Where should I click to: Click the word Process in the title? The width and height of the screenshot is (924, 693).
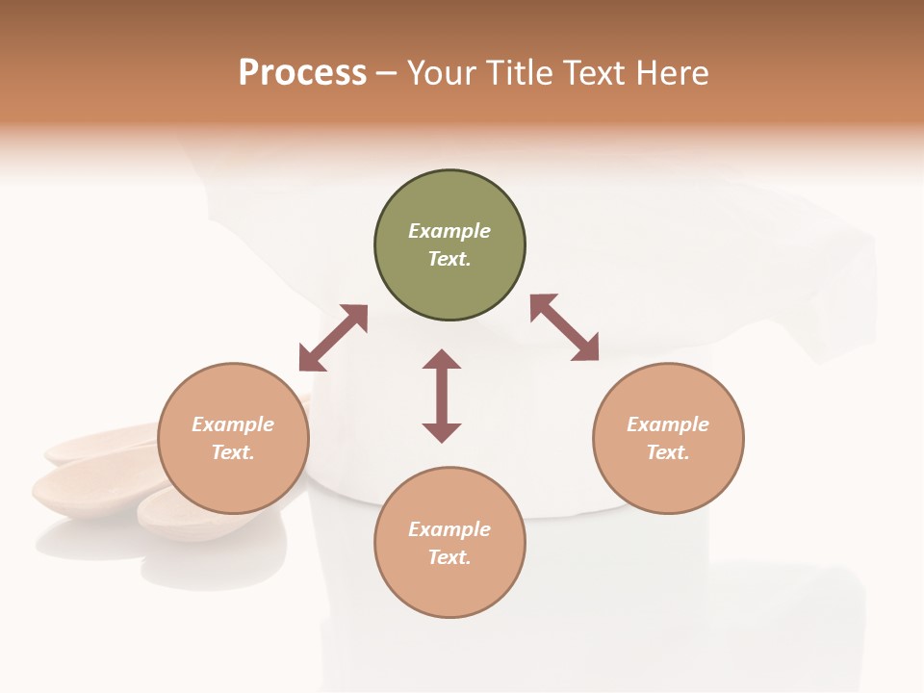click(302, 73)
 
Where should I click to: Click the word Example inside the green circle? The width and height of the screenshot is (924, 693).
click(449, 231)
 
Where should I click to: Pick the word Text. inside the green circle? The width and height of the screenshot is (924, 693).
click(449, 259)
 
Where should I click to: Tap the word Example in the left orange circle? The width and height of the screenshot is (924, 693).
click(233, 424)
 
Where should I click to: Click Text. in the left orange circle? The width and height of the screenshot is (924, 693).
click(233, 452)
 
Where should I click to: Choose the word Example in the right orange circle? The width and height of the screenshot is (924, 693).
click(668, 424)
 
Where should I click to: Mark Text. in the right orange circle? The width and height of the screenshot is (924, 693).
click(668, 452)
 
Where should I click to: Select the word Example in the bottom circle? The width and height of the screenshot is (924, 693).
click(449, 529)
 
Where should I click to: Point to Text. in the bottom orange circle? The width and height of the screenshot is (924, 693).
click(449, 557)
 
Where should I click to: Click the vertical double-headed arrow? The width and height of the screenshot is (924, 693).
click(442, 396)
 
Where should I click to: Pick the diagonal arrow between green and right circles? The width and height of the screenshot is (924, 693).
click(565, 327)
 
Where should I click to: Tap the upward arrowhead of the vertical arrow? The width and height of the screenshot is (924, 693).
click(442, 359)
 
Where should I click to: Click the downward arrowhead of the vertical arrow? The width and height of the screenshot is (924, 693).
click(442, 432)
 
